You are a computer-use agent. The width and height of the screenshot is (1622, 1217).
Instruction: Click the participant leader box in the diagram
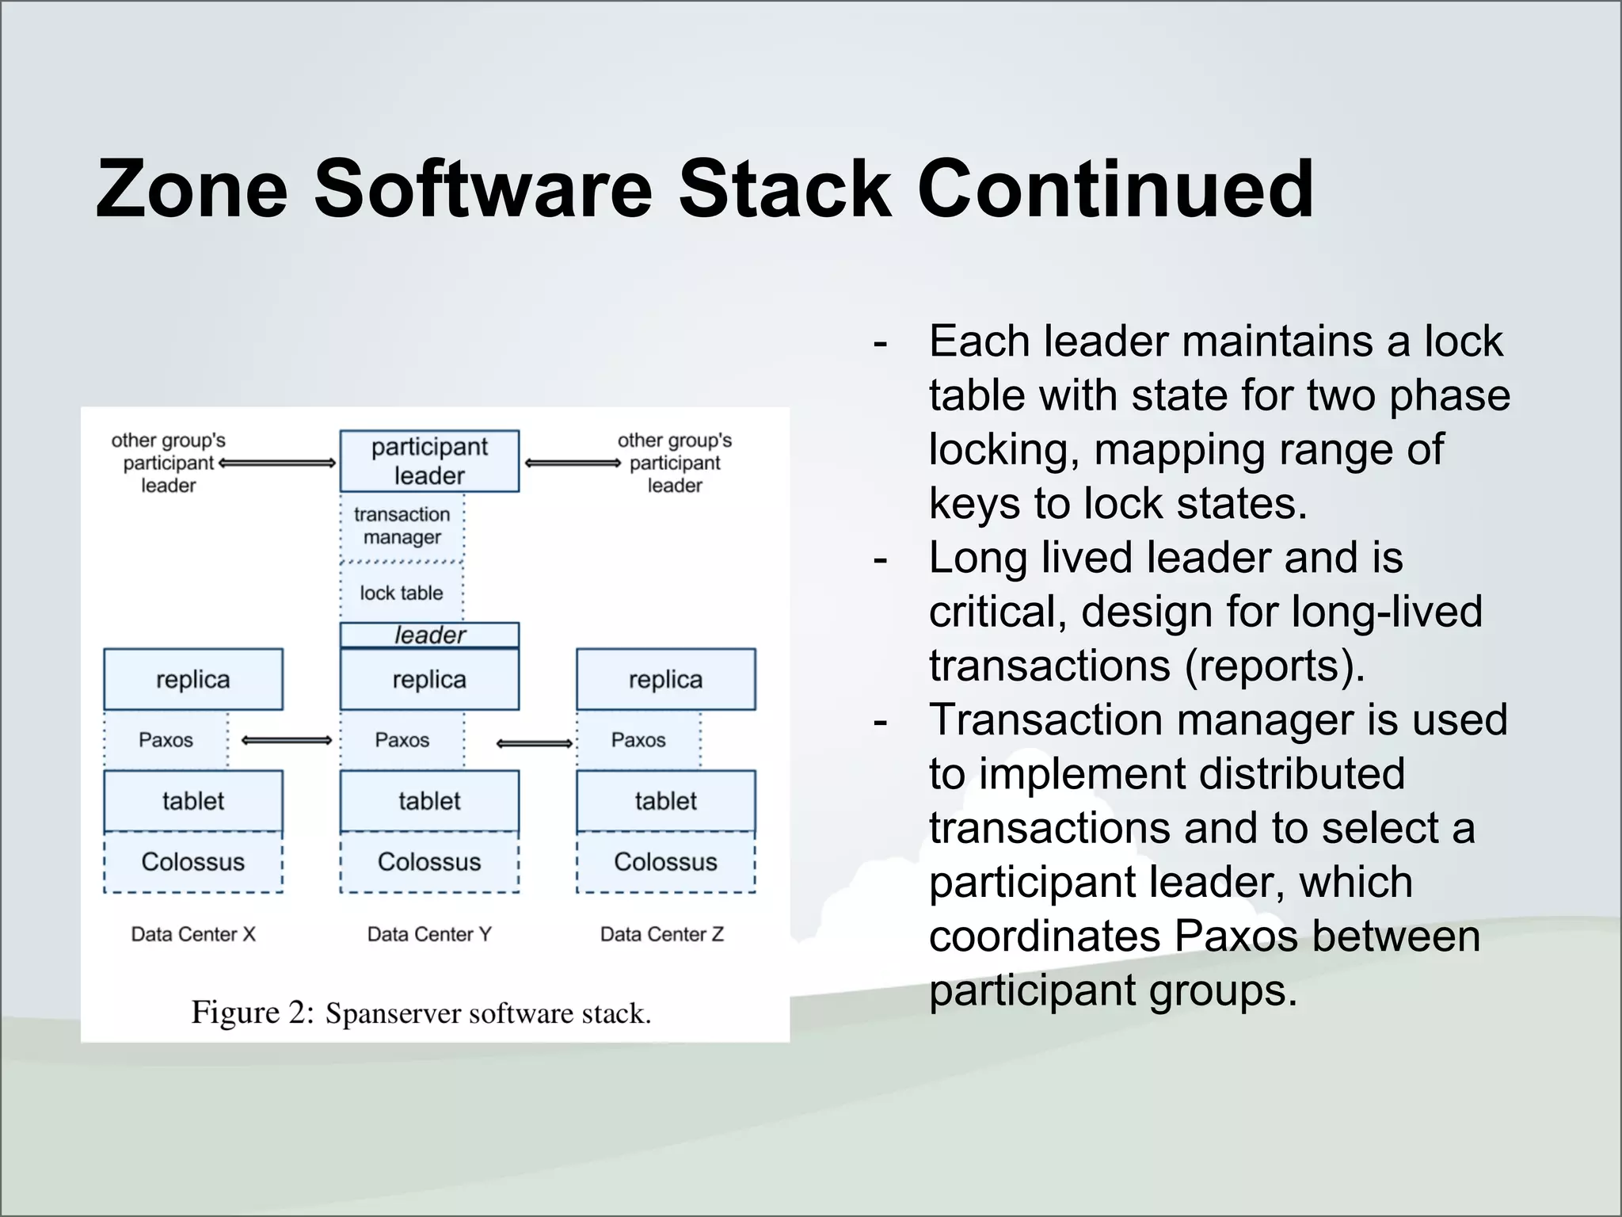pyautogui.click(x=429, y=461)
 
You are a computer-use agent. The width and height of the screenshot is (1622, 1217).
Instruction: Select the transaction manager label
pyautogui.click(x=402, y=525)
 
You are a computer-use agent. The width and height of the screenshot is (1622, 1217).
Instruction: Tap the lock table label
pyautogui.click(x=402, y=593)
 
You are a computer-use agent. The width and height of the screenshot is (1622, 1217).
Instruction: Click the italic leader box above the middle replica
pyautogui.click(x=429, y=635)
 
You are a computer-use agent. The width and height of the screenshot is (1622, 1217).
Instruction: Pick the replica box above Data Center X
pyautogui.click(x=192, y=679)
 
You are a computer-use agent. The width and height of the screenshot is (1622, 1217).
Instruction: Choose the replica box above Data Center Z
pyautogui.click(x=665, y=679)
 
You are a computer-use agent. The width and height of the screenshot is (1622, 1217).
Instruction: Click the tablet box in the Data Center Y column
pyautogui.click(x=429, y=800)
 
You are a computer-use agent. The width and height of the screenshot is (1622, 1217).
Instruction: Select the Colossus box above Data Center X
pyautogui.click(x=192, y=862)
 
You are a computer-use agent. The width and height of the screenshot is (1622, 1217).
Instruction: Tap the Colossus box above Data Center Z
pyautogui.click(x=665, y=862)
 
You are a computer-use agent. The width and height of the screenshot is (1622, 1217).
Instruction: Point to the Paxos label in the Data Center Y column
pyautogui.click(x=402, y=740)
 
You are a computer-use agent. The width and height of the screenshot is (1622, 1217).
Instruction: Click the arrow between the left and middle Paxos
pyautogui.click(x=286, y=741)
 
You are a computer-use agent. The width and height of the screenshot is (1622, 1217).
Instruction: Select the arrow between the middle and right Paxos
pyautogui.click(x=535, y=743)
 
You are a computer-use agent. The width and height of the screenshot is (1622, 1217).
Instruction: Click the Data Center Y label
pyautogui.click(x=429, y=934)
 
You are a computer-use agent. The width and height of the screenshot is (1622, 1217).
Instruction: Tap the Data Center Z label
pyautogui.click(x=662, y=934)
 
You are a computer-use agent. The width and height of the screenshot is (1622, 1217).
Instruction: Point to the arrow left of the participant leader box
pyautogui.click(x=277, y=463)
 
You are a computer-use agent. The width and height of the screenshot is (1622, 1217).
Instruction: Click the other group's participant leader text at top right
pyautogui.click(x=675, y=463)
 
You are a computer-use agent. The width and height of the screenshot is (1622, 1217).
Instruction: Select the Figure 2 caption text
pyautogui.click(x=421, y=1013)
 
